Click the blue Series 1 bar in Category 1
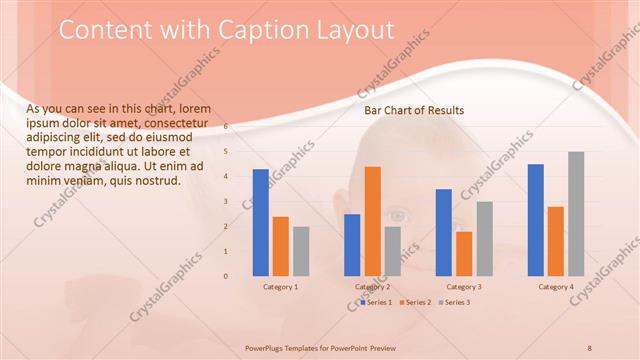pyautogui.click(x=260, y=222)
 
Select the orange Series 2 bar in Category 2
pyautogui.click(x=372, y=221)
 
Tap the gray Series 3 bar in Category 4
pyautogui.click(x=576, y=214)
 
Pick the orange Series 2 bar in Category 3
pyautogui.click(x=464, y=254)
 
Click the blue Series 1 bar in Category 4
pyautogui.click(x=535, y=220)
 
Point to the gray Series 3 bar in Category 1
pyautogui.click(x=301, y=251)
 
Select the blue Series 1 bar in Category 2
pyautogui.click(x=352, y=245)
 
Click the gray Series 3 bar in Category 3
pyautogui.click(x=484, y=239)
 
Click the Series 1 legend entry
pyautogui.click(x=376, y=302)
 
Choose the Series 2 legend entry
pyautogui.click(x=413, y=302)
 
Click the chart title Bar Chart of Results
pyautogui.click(x=414, y=111)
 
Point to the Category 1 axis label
pyautogui.click(x=280, y=287)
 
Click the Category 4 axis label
pyautogui.click(x=556, y=287)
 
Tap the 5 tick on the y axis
pyautogui.click(x=226, y=152)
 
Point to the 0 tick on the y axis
pyautogui.click(x=226, y=276)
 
